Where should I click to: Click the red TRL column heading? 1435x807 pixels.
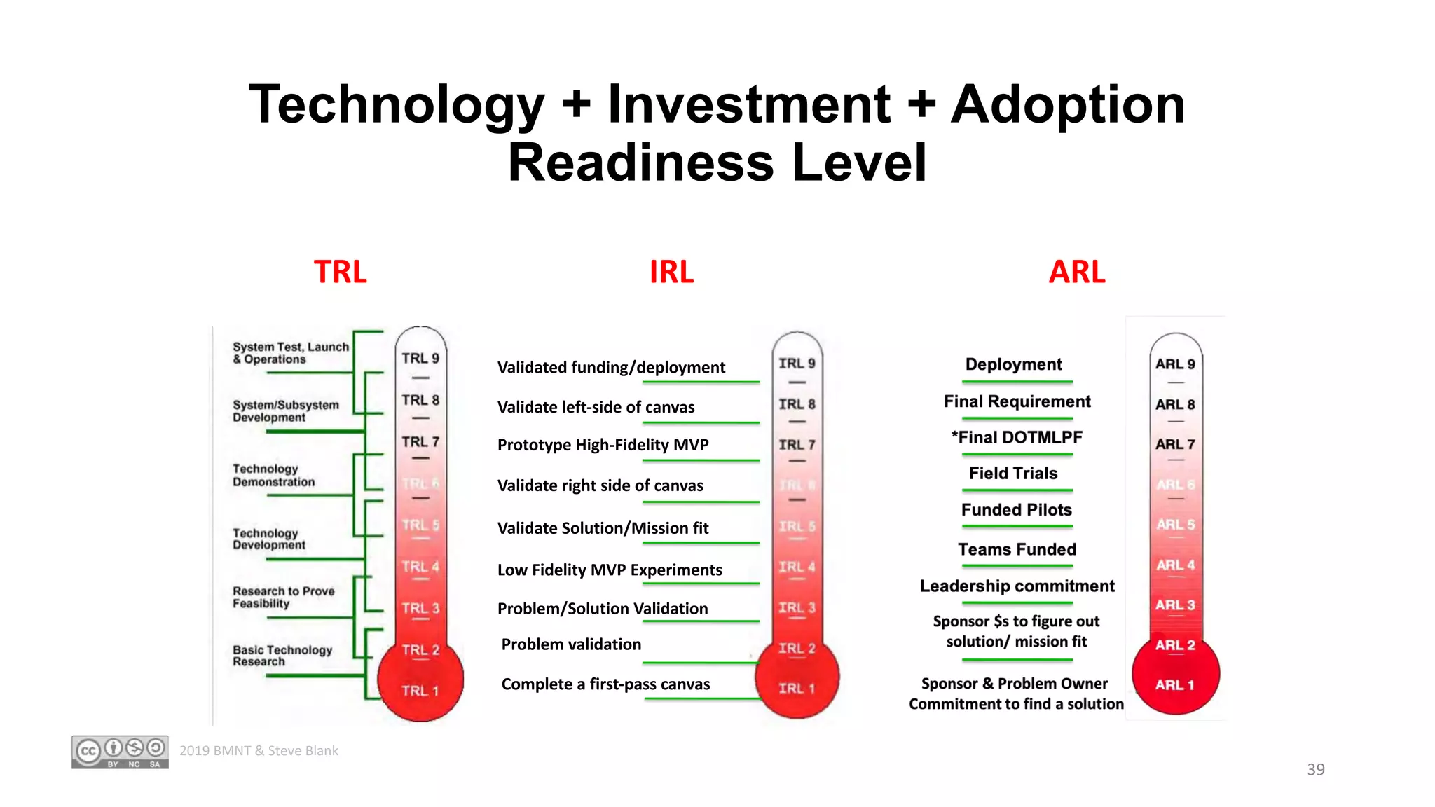pos(340,272)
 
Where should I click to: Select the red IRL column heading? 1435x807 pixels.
pos(671,272)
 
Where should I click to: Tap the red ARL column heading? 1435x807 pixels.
pos(1076,272)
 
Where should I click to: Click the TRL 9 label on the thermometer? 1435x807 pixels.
pos(420,358)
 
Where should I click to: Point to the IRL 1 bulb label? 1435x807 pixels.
pos(797,689)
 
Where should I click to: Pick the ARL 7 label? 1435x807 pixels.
pos(1175,444)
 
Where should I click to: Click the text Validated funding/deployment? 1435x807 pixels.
pos(611,368)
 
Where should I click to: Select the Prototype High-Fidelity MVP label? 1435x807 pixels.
pos(603,445)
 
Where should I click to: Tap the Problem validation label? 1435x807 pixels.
pos(571,644)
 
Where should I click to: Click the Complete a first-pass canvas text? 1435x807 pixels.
pos(605,684)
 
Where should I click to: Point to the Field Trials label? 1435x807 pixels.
pos(1013,474)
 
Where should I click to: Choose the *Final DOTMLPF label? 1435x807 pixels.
pos(1017,438)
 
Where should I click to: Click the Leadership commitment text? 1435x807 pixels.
pos(1017,586)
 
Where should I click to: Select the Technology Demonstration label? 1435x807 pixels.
pos(273,475)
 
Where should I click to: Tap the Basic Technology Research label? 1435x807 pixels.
pos(282,656)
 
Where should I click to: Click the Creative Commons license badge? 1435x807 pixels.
pos(120,752)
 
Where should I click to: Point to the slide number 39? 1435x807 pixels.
pos(1315,769)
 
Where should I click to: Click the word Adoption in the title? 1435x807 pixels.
pos(1067,105)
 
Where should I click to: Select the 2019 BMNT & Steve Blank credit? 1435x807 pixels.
pos(259,751)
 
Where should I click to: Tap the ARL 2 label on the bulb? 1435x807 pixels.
pos(1175,645)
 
